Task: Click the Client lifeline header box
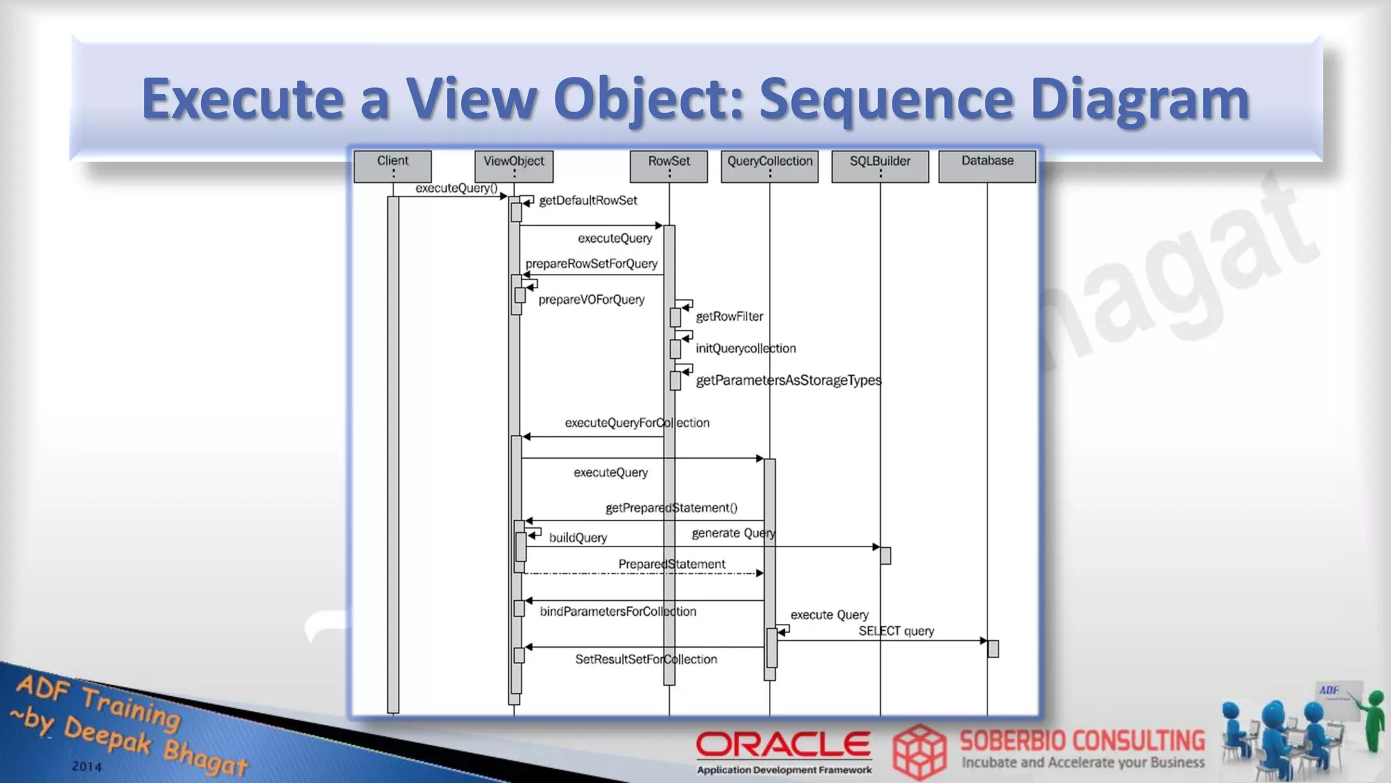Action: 393,166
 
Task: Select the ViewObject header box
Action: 513,166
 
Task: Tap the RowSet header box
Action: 668,166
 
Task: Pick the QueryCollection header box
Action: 770,166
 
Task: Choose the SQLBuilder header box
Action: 880,166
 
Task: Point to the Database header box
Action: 987,166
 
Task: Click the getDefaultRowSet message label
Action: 588,201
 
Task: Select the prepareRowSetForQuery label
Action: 591,264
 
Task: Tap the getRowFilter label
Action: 729,317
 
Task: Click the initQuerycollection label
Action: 745,349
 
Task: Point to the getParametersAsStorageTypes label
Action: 788,381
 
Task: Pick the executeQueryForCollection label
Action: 636,423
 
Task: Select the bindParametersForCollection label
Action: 617,612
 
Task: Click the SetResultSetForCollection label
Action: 645,659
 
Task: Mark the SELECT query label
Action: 896,631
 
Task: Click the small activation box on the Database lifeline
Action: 993,648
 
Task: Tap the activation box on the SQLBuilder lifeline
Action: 885,555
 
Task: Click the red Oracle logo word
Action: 783,744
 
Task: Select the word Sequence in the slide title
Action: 886,99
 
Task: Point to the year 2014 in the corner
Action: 87,767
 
